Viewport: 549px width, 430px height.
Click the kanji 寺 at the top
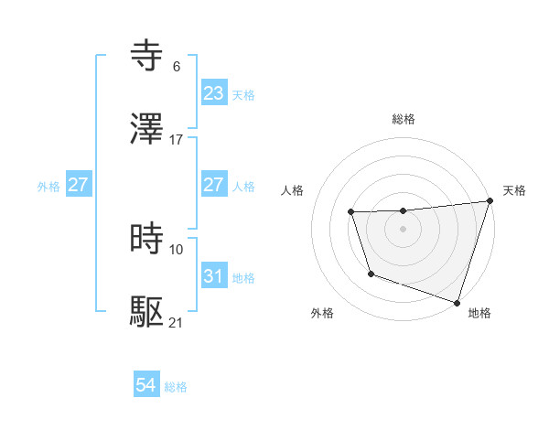coord(148,56)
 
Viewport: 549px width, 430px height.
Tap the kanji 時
coord(148,239)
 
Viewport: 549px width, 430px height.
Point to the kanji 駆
coord(148,312)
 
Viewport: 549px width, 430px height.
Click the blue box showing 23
coord(214,93)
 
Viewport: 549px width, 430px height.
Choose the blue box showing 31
coord(214,276)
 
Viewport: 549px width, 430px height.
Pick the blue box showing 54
coord(146,386)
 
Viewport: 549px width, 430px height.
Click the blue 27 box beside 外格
coord(78,185)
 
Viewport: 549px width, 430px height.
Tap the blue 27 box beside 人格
coord(214,185)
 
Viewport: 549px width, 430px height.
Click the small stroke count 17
coord(177,140)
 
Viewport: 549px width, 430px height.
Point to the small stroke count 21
coord(177,323)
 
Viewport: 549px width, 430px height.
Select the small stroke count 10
coord(177,250)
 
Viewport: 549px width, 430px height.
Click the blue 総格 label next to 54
coord(176,387)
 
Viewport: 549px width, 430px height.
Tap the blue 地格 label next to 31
coord(243,277)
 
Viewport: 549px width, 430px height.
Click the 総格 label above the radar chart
coord(404,119)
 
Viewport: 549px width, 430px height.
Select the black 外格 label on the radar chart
coord(322,313)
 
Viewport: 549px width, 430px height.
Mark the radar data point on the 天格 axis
coord(489,201)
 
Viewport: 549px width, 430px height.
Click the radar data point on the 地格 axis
coord(456,301)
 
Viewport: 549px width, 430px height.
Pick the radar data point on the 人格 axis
coord(350,212)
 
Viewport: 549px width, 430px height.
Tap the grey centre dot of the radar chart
coord(404,229)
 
